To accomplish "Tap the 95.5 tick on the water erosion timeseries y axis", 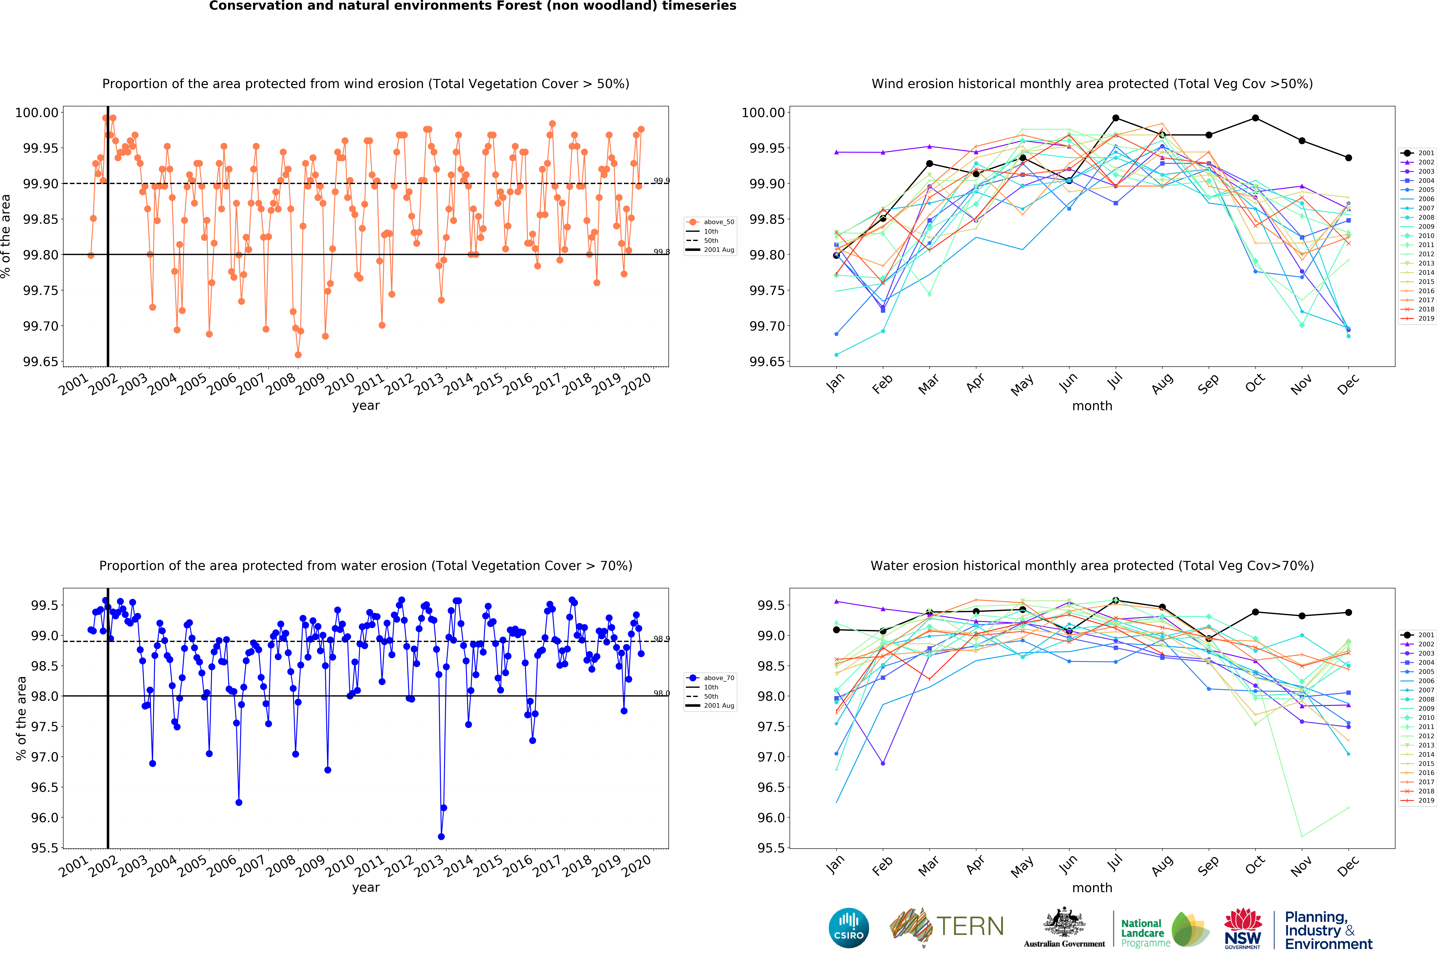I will (44, 848).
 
